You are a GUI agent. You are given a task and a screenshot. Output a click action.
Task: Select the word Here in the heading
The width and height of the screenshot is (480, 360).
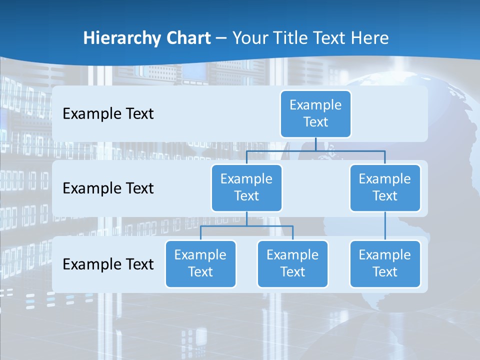pos(369,38)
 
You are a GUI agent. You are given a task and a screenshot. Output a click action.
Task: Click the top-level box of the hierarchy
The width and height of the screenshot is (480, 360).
pos(315,113)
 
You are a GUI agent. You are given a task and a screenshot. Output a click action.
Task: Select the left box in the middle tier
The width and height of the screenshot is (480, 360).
pos(246,187)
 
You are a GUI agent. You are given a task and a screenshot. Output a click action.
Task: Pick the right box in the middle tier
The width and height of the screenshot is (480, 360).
pos(385,187)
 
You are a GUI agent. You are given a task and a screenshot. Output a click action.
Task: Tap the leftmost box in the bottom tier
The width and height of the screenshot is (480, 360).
pos(200,263)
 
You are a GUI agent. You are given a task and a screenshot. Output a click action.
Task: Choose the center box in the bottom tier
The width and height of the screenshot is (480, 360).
pos(292,263)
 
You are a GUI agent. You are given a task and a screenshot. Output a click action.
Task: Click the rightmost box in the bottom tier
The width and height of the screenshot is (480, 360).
pos(385,263)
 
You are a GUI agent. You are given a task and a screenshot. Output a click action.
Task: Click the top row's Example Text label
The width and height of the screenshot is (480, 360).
pos(108,114)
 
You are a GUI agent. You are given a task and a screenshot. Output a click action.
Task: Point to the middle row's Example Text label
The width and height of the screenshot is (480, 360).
pos(108,188)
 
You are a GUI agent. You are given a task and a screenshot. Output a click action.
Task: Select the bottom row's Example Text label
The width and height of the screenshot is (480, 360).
pos(108,264)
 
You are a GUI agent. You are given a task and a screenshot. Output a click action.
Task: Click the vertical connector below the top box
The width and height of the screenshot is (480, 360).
pos(315,144)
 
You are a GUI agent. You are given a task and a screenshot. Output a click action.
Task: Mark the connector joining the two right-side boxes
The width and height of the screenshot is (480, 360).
pos(385,226)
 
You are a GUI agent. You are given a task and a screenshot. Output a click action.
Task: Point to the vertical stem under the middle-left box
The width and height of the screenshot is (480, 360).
pos(246,218)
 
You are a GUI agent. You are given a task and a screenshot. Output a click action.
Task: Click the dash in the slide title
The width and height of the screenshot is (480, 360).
pos(221,38)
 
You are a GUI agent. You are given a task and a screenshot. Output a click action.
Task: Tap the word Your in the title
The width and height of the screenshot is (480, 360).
pos(248,38)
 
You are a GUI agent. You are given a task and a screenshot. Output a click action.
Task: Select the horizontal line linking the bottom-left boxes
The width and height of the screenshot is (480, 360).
pos(246,226)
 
